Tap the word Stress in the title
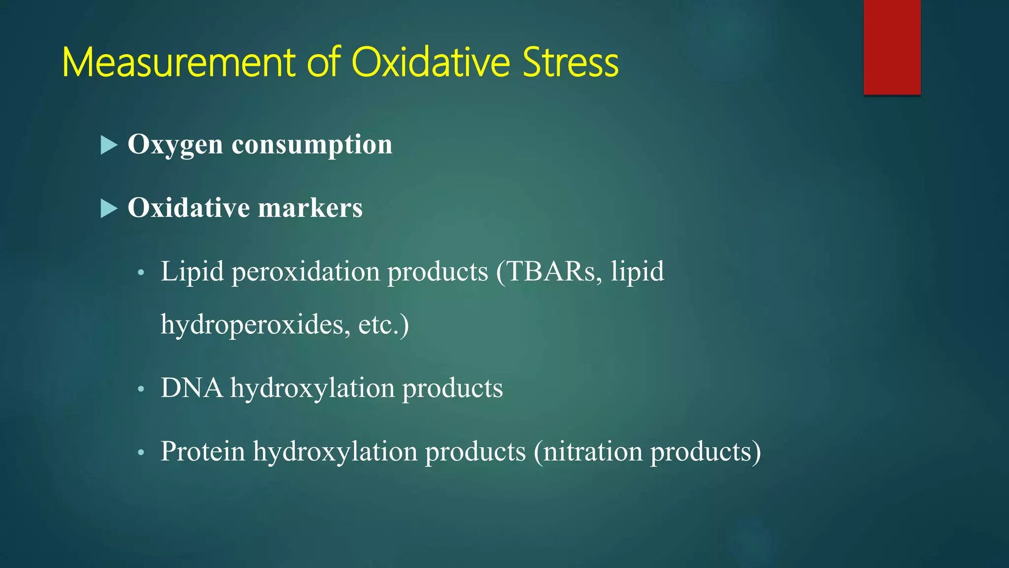[570, 63]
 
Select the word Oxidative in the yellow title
[431, 63]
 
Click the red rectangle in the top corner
[892, 47]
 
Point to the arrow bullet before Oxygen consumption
[109, 145]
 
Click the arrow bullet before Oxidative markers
[109, 209]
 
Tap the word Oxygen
[175, 145]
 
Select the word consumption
[312, 144]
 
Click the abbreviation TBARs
[551, 271]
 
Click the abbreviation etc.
[378, 325]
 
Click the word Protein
[202, 451]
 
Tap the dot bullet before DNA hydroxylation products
[141, 390]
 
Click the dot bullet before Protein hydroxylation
[141, 453]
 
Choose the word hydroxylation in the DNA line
[312, 389]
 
